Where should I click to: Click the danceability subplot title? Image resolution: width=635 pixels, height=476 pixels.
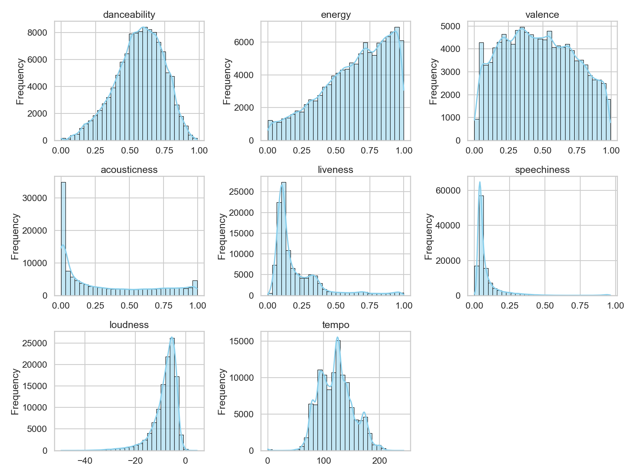coord(129,15)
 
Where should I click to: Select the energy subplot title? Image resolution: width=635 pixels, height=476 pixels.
coord(336,15)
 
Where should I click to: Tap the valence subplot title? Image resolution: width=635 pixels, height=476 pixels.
coord(542,15)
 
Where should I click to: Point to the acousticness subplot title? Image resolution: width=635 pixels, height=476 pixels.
coord(129,170)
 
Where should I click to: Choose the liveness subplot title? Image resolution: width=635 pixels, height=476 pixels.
coord(336,170)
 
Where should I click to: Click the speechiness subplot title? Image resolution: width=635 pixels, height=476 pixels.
coord(542,170)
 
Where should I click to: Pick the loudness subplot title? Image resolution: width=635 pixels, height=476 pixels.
coord(129,325)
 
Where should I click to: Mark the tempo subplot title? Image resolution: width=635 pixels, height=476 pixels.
coord(336,325)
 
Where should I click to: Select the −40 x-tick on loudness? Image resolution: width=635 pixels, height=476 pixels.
coord(85,461)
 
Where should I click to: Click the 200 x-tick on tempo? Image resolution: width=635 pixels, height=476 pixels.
coord(380,461)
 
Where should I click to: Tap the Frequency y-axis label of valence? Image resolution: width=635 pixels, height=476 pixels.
coord(433,81)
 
